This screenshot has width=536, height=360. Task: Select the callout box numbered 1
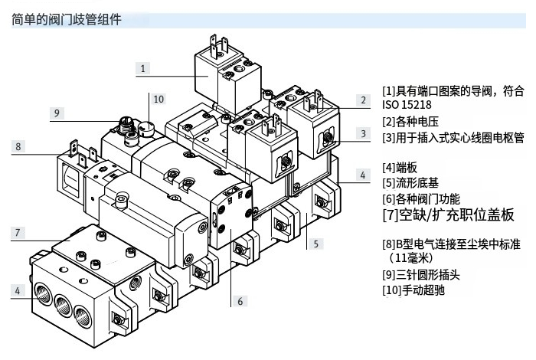coord(143,68)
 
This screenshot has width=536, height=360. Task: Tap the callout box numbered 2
coord(364,100)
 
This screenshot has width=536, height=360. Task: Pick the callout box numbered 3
coord(364,133)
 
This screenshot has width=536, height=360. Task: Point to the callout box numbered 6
coord(240,302)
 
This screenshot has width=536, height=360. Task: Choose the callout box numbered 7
coord(18,232)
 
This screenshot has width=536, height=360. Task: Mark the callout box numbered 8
coord(18,146)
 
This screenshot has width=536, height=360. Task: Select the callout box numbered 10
coord(159,99)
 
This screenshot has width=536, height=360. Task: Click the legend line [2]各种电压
coord(410,121)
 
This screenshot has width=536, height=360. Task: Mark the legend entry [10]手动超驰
coord(413,290)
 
